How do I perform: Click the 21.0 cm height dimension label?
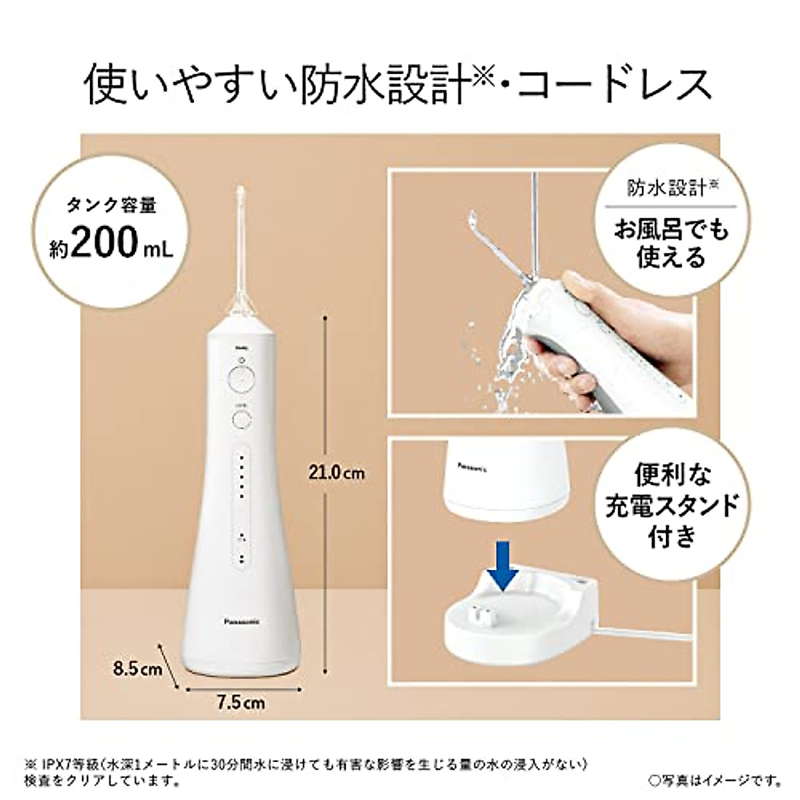(337, 473)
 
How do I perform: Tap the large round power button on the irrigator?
(241, 381)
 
